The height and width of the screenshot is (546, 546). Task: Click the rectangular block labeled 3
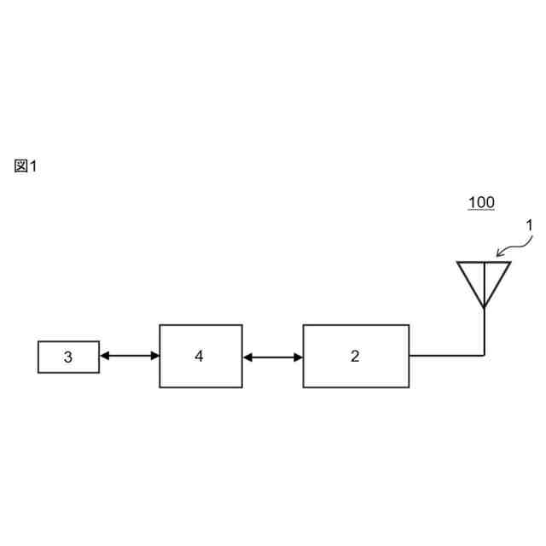[68, 357]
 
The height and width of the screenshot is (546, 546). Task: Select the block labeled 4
[200, 356]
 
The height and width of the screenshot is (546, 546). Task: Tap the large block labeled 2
[356, 356]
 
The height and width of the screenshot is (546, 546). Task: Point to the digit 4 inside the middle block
[199, 356]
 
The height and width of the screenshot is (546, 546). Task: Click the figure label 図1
[26, 166]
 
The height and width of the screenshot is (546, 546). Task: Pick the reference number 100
[481, 202]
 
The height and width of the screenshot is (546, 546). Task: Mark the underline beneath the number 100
[481, 211]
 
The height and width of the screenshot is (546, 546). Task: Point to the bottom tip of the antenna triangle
[484, 306]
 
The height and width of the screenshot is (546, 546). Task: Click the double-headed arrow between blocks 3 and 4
[129, 356]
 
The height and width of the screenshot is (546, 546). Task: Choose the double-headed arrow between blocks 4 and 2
[272, 357]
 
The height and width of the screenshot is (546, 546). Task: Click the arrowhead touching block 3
[104, 356]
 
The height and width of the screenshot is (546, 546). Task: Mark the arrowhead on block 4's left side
[154, 356]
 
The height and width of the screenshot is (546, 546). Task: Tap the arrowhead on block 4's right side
[248, 357]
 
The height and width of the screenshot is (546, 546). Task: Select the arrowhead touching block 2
[298, 357]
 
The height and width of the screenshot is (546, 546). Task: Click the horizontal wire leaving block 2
[445, 355]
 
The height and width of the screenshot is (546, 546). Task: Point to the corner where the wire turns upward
[484, 355]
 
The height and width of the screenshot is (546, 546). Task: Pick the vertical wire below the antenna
[484, 331]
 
